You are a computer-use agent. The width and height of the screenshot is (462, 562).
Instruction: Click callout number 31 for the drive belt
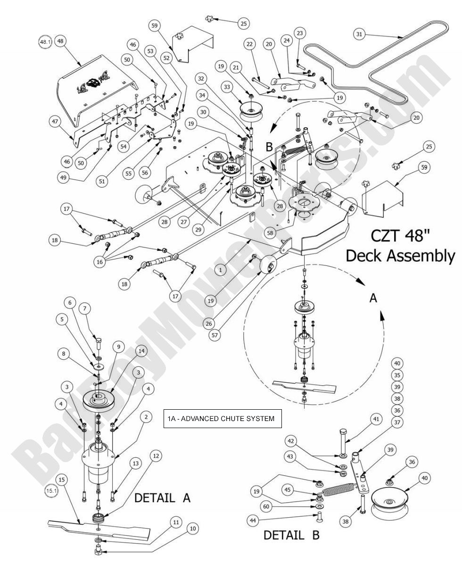tap(360, 34)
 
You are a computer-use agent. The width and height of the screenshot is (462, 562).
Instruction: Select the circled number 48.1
tap(44, 41)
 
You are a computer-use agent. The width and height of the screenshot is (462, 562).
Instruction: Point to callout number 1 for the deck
tap(220, 269)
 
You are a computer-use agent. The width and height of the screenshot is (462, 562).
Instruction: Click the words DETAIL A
tap(163, 498)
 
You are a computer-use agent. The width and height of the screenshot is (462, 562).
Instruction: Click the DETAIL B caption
tap(290, 535)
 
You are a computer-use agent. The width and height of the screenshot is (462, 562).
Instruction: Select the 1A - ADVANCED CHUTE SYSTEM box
tap(222, 418)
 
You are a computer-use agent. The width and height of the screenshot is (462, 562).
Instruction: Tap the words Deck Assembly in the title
tap(400, 256)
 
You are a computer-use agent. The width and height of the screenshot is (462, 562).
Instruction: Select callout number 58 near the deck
tap(269, 232)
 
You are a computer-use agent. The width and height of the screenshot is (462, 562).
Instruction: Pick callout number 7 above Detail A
tap(85, 308)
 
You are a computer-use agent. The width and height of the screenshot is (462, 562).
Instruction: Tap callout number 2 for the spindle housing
tap(147, 417)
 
